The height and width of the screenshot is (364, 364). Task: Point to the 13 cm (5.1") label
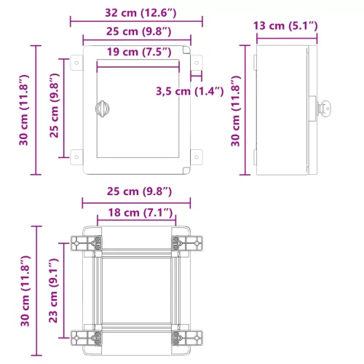click(x=285, y=26)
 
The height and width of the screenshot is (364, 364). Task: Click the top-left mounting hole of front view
click(x=74, y=63)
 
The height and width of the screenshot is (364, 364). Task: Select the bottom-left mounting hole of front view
click(x=74, y=154)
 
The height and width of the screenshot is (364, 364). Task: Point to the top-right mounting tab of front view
click(x=197, y=63)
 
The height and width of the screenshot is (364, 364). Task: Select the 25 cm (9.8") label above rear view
click(x=137, y=191)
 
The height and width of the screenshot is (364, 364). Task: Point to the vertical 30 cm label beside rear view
click(x=24, y=290)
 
